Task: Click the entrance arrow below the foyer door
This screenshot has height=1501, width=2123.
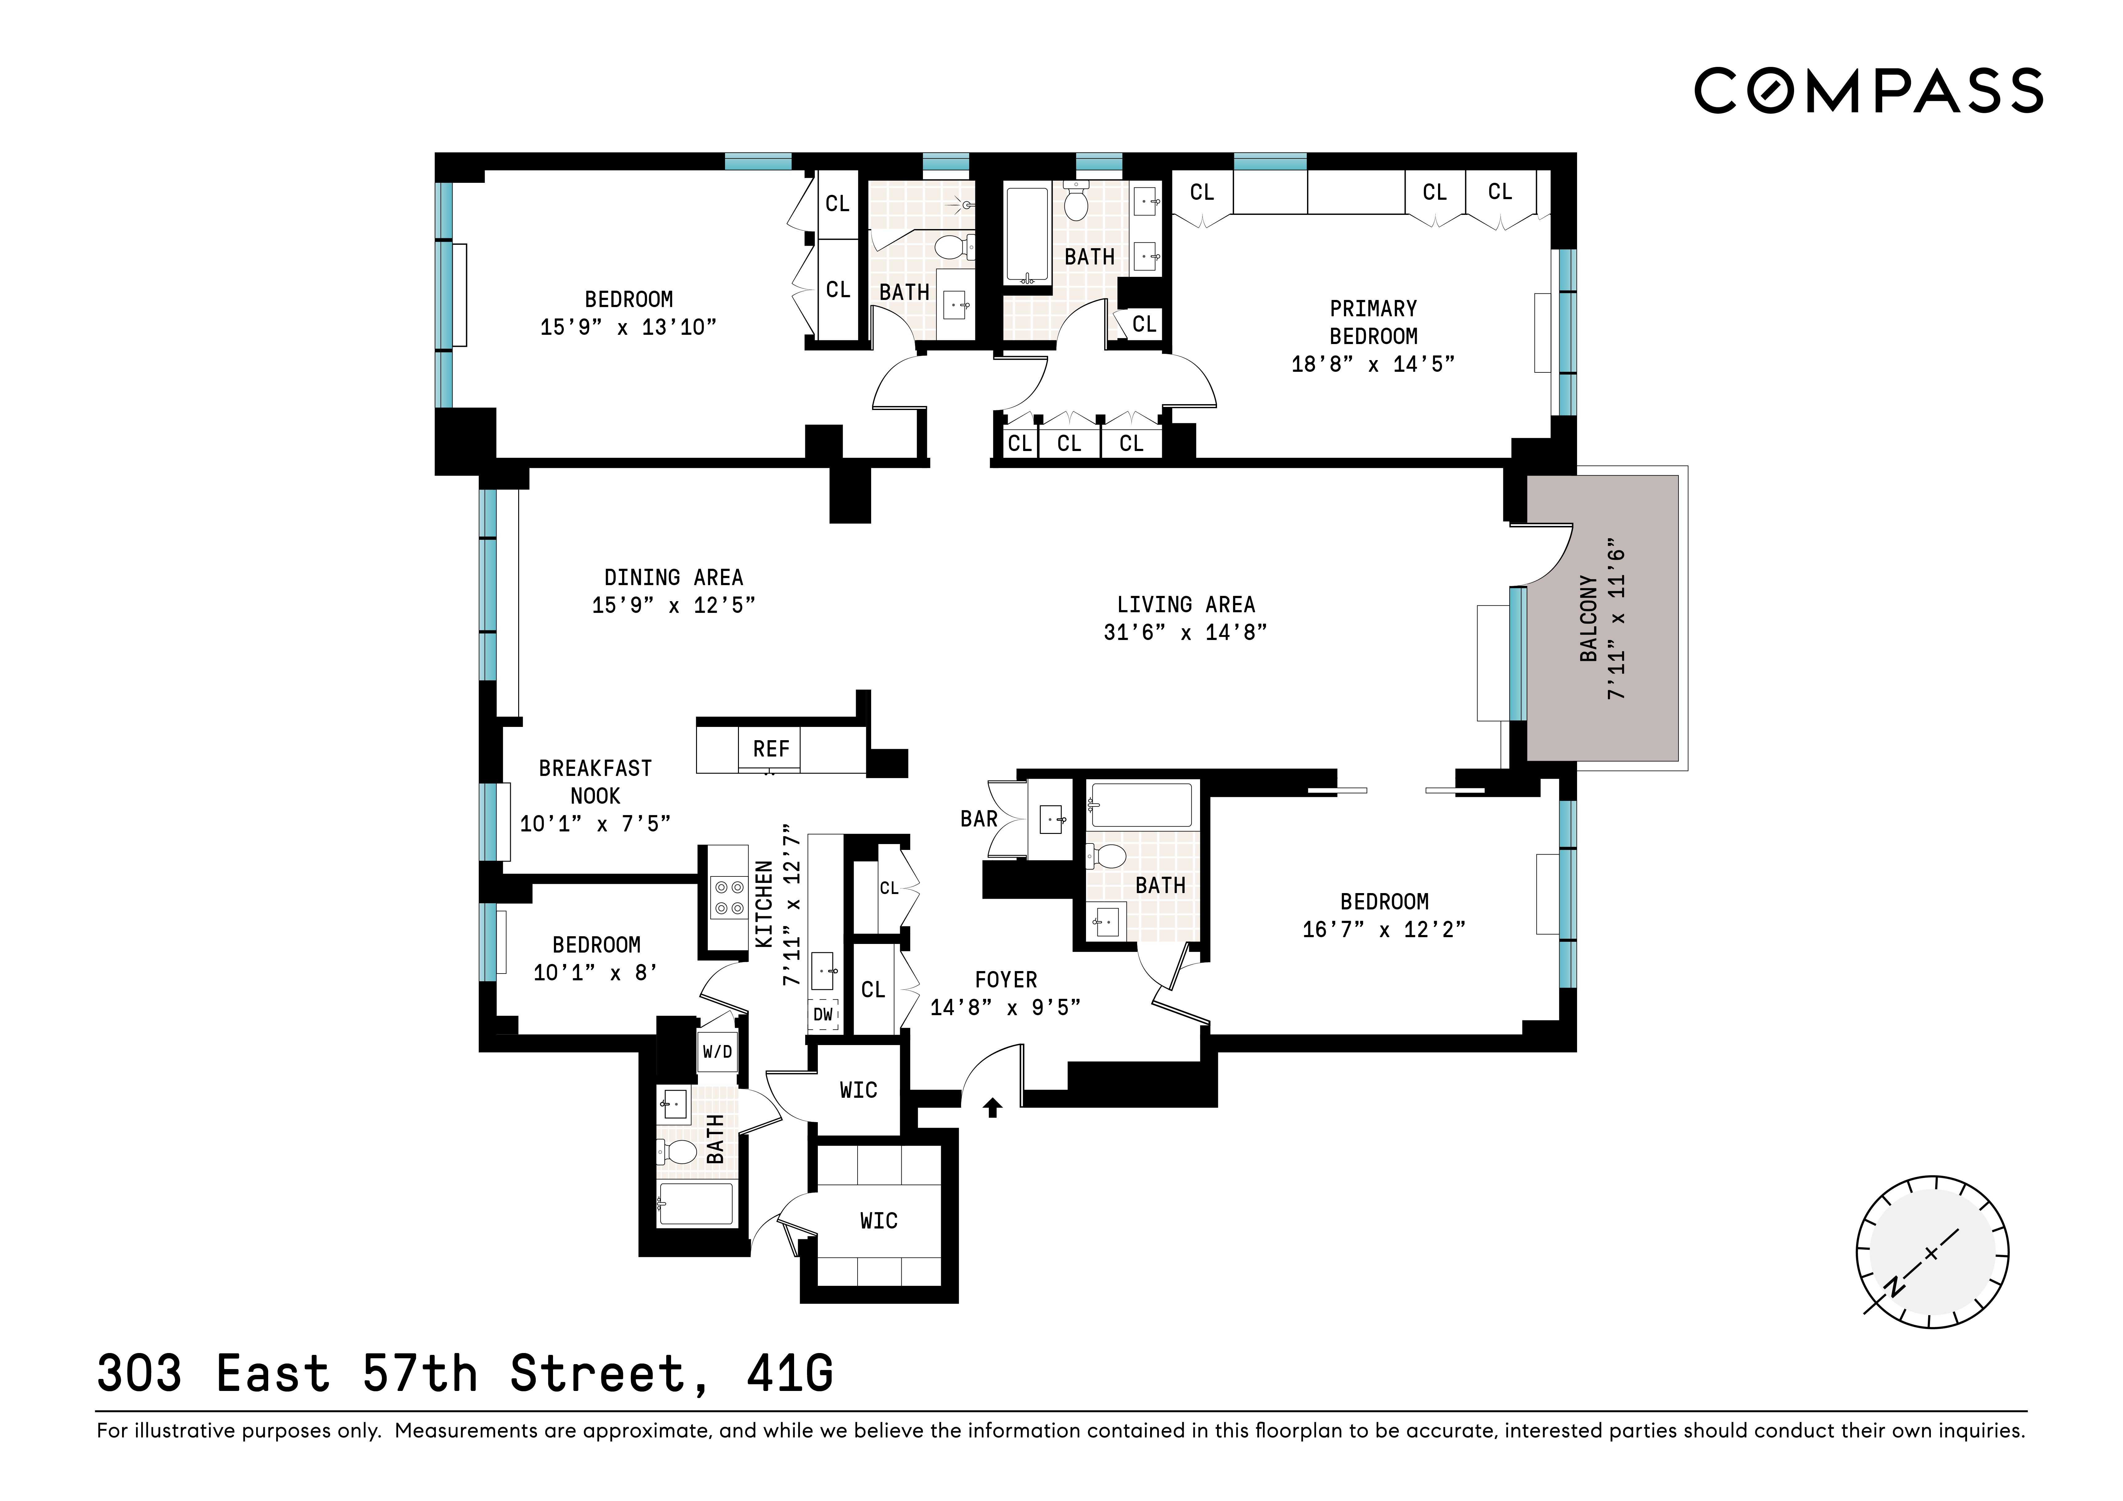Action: (992, 1107)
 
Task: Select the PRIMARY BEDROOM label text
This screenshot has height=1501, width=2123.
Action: (1373, 322)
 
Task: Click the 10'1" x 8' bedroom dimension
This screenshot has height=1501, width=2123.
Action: (596, 973)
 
